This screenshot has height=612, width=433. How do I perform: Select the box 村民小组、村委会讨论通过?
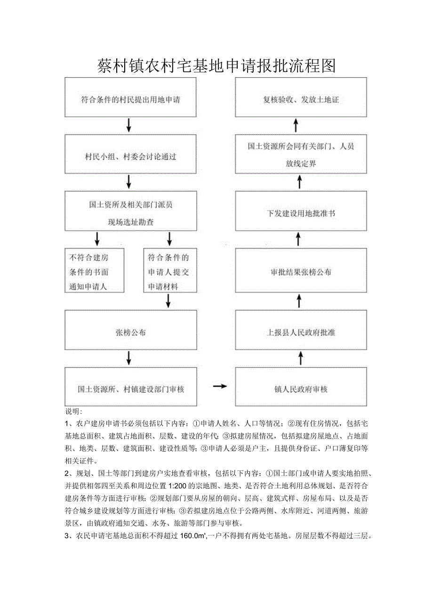tap(130, 156)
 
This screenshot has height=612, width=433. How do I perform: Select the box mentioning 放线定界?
tap(301, 154)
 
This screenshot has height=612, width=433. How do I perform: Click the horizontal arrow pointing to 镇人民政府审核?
tap(219, 386)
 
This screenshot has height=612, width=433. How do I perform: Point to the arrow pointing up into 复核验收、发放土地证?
tap(296, 125)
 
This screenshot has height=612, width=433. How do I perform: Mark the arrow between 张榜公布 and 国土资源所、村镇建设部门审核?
tap(129, 358)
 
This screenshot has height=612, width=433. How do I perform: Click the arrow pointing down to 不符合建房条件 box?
tap(97, 238)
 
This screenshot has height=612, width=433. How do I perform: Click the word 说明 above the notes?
tap(74, 411)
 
